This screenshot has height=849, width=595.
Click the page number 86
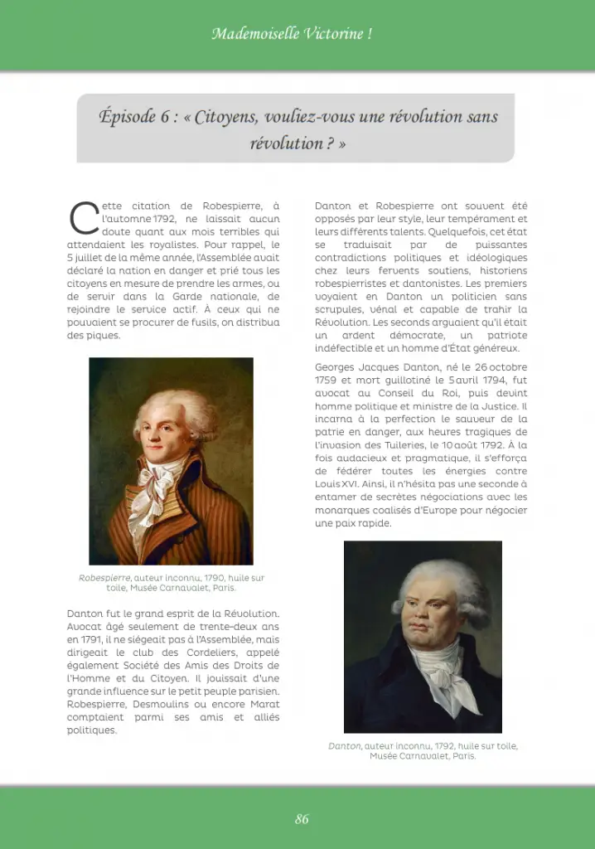point(302,819)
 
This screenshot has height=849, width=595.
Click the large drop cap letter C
point(83,218)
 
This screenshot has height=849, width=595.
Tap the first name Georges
point(336,367)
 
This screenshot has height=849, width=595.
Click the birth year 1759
point(328,381)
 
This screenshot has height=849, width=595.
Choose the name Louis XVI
point(334,484)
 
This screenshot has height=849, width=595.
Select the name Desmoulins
point(166,704)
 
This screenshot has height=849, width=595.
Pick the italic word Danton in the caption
point(345,746)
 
